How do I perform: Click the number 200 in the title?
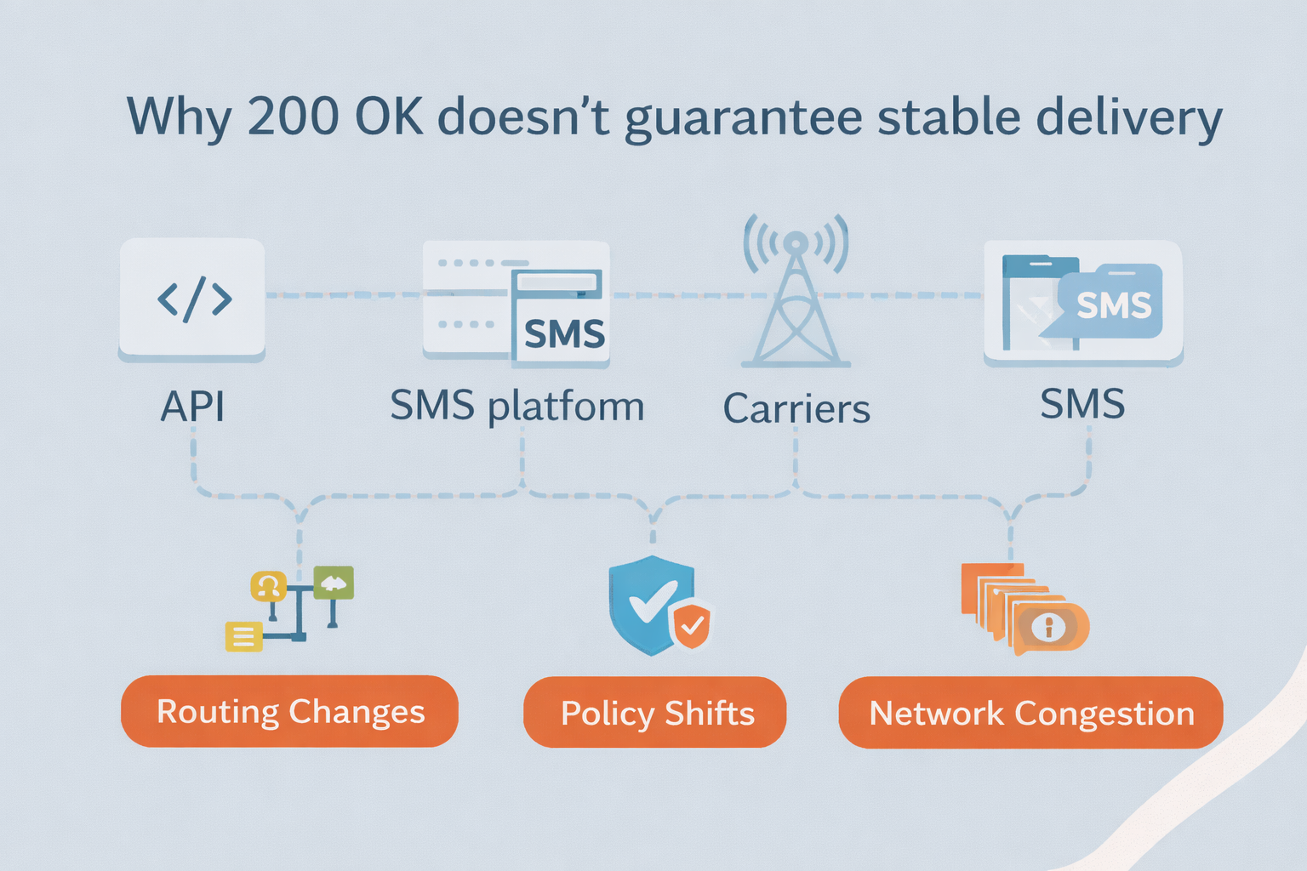293,116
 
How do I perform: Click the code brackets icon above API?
194,299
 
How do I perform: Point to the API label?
192,407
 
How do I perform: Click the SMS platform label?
517,407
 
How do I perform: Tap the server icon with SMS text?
517,304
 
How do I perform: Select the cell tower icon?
796,291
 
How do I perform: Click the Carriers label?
796,408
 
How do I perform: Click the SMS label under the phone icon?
1082,404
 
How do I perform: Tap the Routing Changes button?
289,711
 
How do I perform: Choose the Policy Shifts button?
654,712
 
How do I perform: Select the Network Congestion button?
1030,712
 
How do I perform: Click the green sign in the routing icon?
334,582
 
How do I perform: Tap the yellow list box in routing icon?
244,636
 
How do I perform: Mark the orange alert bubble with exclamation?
1050,629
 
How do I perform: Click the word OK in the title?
388,116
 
